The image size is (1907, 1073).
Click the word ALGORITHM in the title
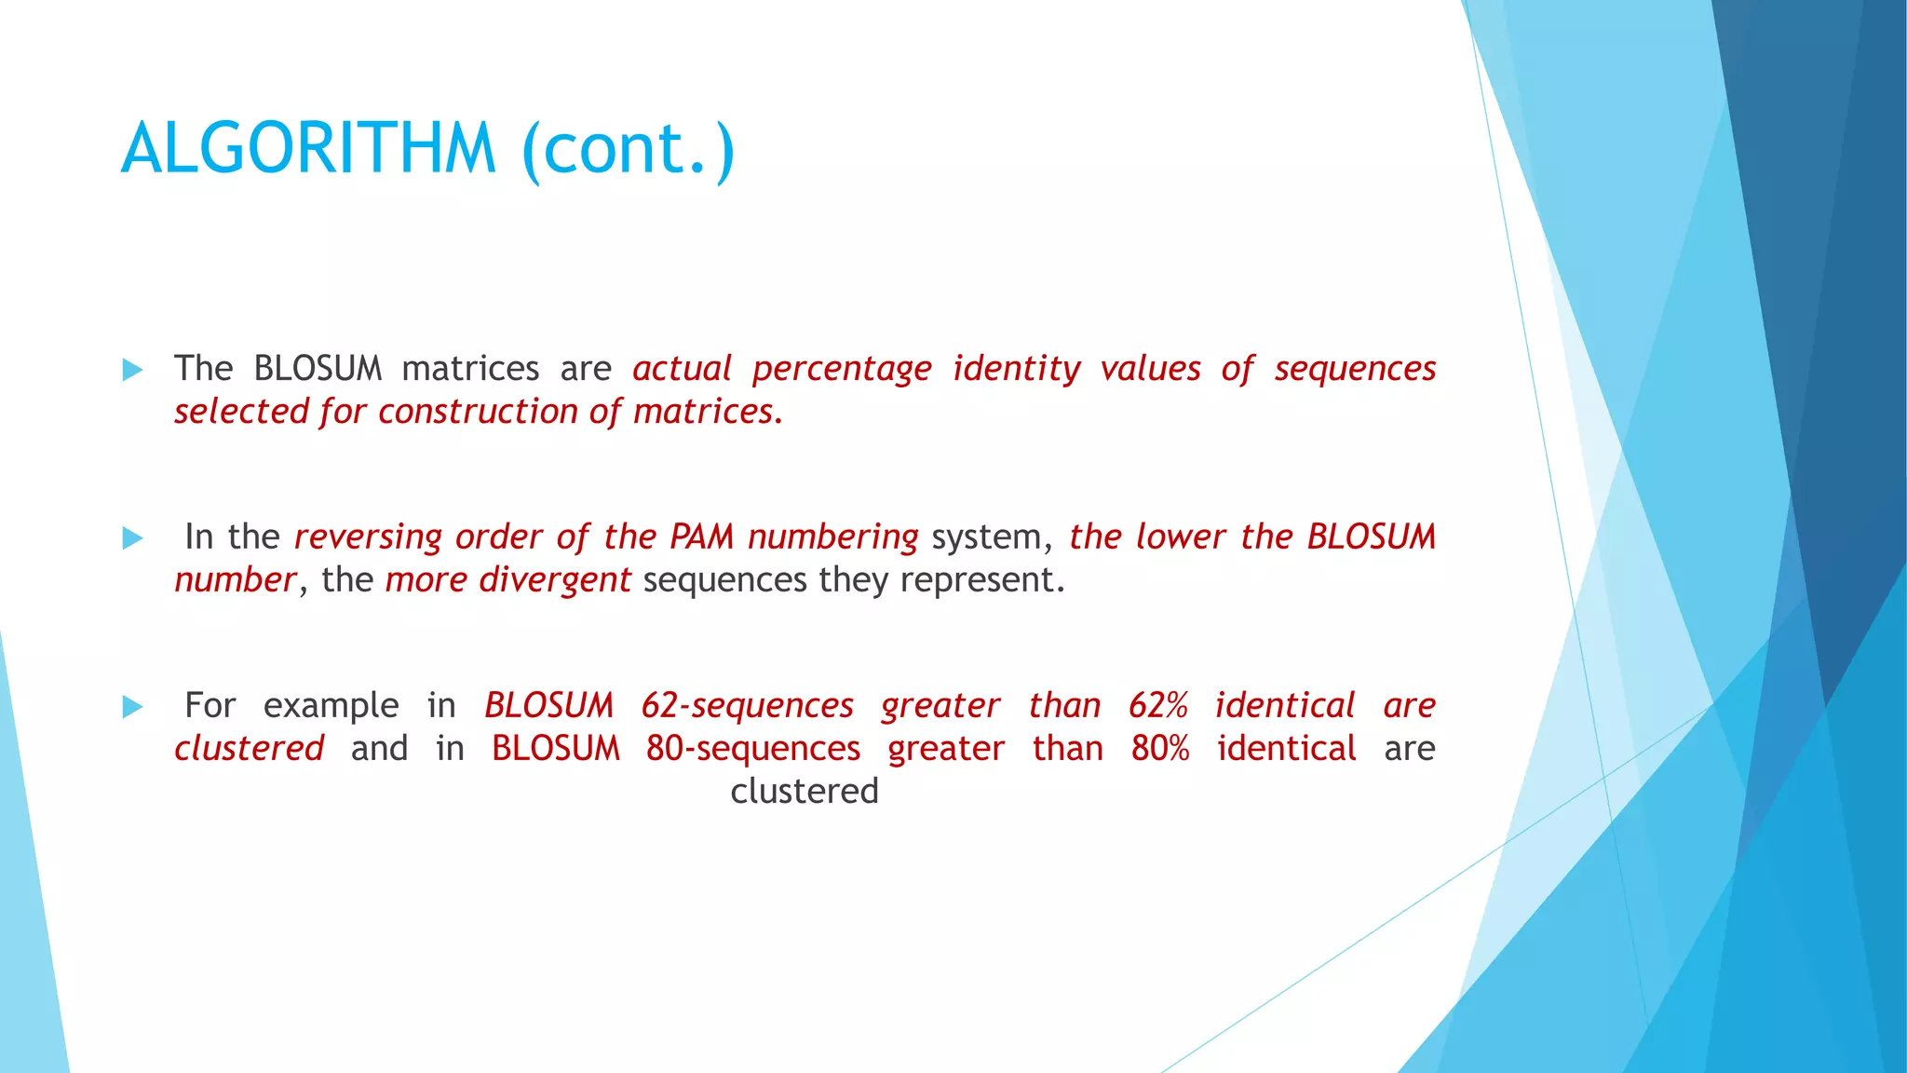308,149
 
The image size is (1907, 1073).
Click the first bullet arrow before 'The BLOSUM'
133,370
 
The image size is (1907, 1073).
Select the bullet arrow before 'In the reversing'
133,538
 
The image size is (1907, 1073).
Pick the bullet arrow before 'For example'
133,707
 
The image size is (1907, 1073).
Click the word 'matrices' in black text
470,369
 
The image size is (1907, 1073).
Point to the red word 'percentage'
842,369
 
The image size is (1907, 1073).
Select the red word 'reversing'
368,537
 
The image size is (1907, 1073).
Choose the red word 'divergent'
555,580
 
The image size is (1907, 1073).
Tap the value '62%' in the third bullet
1157,706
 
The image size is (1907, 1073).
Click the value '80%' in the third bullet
1160,749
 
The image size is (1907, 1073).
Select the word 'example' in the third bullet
331,706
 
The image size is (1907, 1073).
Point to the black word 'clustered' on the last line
805,792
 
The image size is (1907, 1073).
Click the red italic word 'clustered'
249,749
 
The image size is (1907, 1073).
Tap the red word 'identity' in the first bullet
1016,369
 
